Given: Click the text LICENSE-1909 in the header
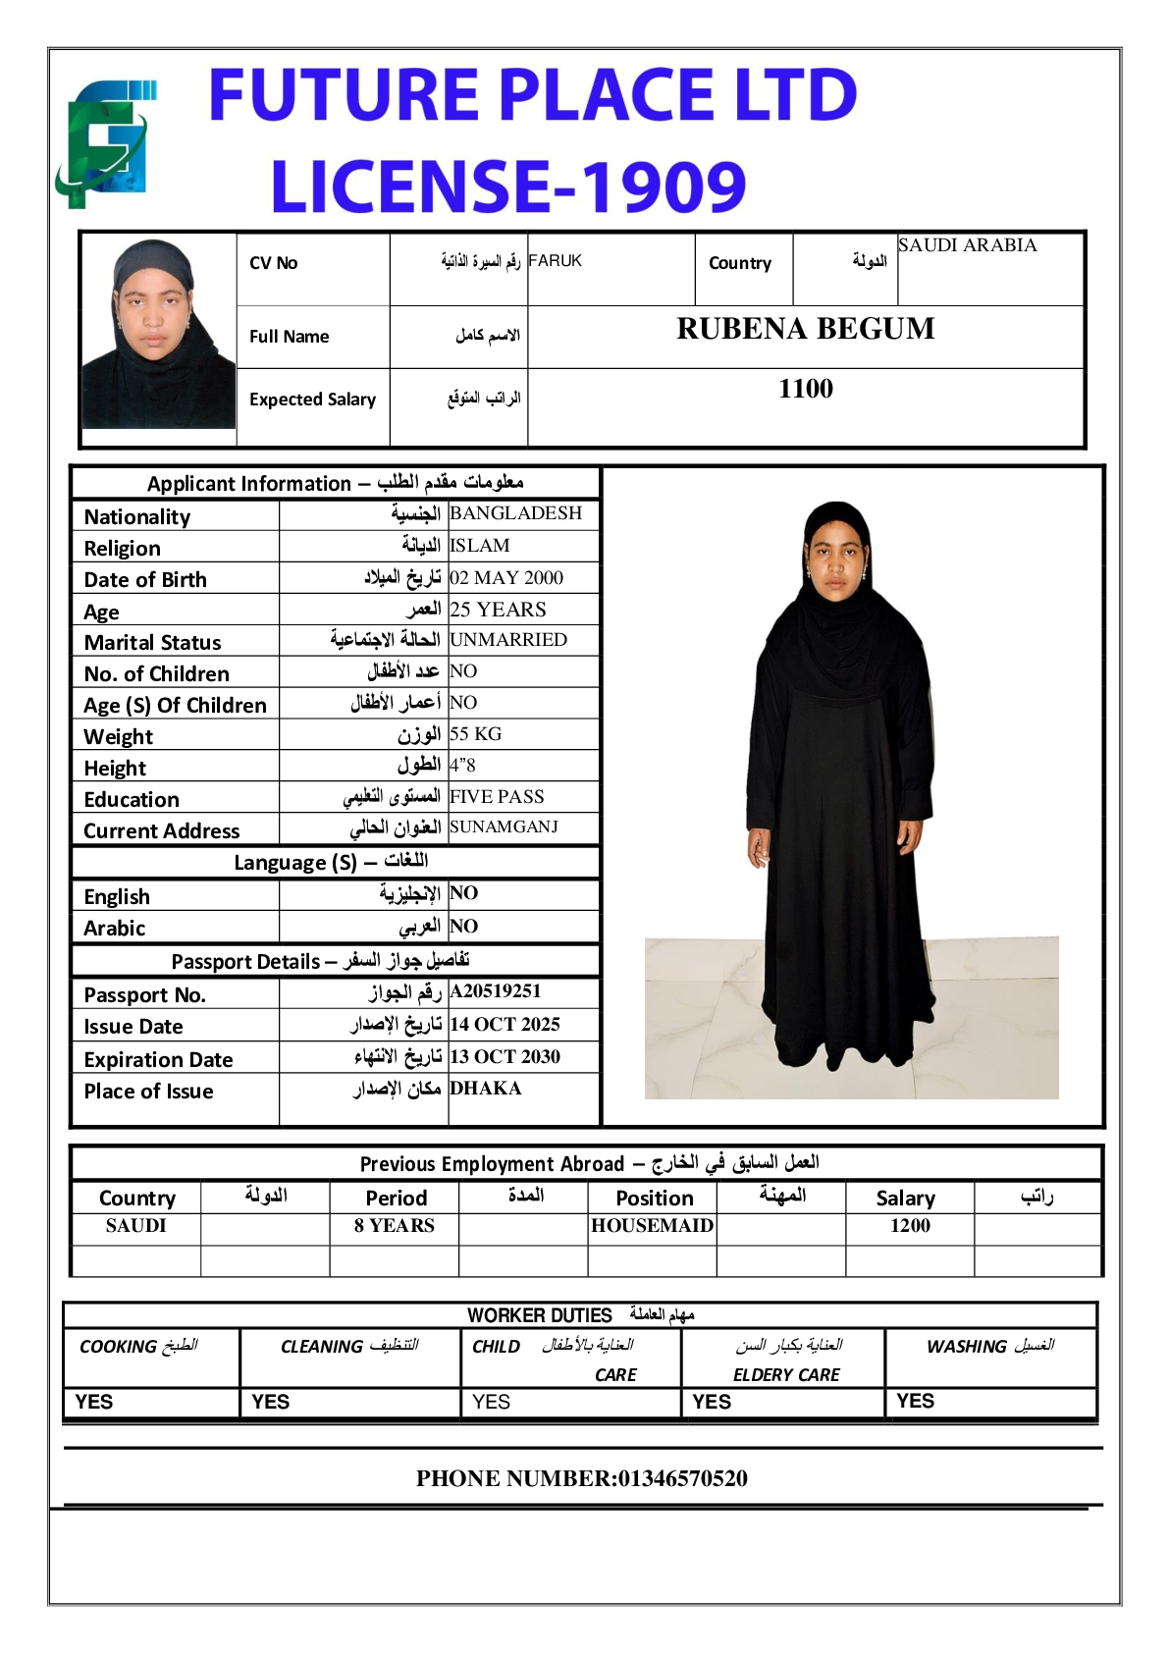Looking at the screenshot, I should click(507, 187).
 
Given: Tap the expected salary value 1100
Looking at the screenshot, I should click(805, 389).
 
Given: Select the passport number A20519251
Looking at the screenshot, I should click(495, 991).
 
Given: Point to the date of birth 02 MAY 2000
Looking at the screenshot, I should click(506, 577).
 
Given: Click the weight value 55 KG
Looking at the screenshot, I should click(475, 733).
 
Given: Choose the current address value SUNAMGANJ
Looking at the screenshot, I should click(504, 826).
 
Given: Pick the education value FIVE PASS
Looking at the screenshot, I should click(497, 796).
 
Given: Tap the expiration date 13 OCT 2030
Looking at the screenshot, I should click(505, 1056).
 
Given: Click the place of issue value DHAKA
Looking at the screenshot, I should click(485, 1088).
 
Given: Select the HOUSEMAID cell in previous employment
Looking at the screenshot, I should click(652, 1225).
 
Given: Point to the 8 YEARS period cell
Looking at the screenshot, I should click(394, 1225).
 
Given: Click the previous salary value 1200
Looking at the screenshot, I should click(910, 1225).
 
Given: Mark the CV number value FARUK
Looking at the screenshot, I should click(555, 260).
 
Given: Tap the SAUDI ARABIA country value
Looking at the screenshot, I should click(967, 245).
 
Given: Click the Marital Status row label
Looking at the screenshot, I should click(152, 642).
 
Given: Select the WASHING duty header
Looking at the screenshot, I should click(989, 1346).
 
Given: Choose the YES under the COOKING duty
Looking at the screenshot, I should click(94, 1402).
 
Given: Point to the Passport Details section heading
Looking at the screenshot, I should click(320, 960).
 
